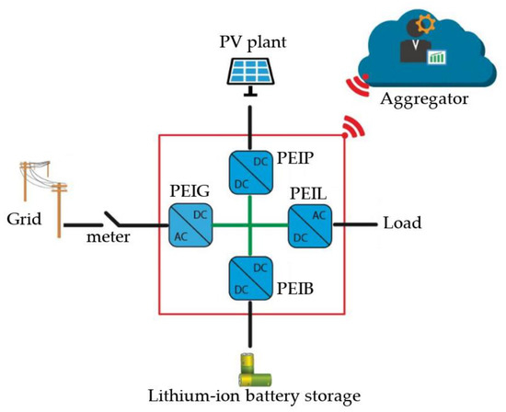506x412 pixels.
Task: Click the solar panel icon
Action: pos(251,69)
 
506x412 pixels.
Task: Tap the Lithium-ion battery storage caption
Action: pos(253,397)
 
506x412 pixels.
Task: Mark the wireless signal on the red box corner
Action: pos(350,128)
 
